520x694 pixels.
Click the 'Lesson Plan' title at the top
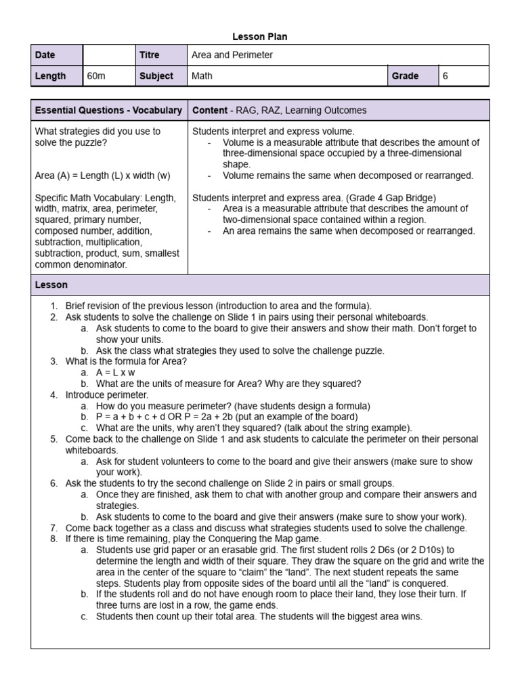click(260, 37)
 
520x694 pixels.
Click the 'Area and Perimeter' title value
click(232, 55)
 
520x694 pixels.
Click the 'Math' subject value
click(202, 76)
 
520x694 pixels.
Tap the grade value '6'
click(446, 76)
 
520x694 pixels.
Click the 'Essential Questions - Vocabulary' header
click(108, 110)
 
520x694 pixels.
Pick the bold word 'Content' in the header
click(210, 110)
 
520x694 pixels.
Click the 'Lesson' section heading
click(51, 285)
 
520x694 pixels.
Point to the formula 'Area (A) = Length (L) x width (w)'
click(102, 176)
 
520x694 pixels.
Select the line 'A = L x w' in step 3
click(116, 372)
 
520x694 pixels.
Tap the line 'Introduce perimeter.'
click(106, 394)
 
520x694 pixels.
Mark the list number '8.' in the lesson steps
click(53, 539)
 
